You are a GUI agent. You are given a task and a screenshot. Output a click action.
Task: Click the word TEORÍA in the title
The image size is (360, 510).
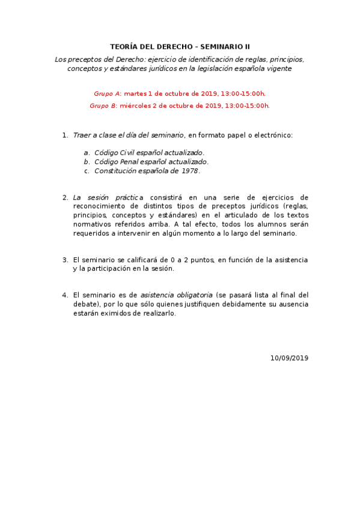[124, 47]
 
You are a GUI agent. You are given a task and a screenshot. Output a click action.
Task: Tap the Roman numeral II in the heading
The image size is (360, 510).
[246, 47]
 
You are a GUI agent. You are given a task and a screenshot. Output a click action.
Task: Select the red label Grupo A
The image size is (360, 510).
[107, 94]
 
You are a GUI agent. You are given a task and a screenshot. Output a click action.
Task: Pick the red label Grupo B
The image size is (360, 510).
[103, 106]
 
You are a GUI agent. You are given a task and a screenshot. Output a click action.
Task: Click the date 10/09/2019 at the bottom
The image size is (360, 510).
[289, 358]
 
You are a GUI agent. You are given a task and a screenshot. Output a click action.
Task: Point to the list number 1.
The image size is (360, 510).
[65, 135]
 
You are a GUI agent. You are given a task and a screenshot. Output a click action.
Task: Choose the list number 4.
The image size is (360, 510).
[65, 295]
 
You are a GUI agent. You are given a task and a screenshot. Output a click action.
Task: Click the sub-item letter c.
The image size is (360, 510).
[87, 171]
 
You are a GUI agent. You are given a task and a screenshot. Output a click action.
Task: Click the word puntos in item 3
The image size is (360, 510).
[200, 260]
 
